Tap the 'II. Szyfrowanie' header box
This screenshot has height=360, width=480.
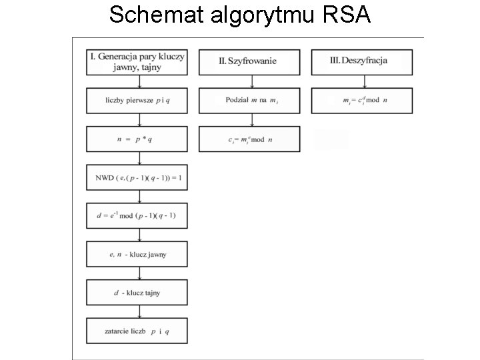249,61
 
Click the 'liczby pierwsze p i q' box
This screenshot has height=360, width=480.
137,101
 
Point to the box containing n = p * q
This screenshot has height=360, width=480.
137,139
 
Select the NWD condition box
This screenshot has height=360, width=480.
137,177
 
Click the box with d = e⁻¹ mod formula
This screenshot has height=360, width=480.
137,216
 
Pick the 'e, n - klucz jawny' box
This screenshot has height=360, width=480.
137,254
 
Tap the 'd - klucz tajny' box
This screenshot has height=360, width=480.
137,293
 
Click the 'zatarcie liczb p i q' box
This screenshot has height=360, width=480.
137,331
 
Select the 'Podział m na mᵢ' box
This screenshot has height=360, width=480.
249,101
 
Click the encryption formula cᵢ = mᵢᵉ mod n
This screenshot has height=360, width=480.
249,139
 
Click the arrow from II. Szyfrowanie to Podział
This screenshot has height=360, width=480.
251,81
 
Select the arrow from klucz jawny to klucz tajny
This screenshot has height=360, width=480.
139,273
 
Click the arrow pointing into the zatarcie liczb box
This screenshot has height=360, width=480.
139,311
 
